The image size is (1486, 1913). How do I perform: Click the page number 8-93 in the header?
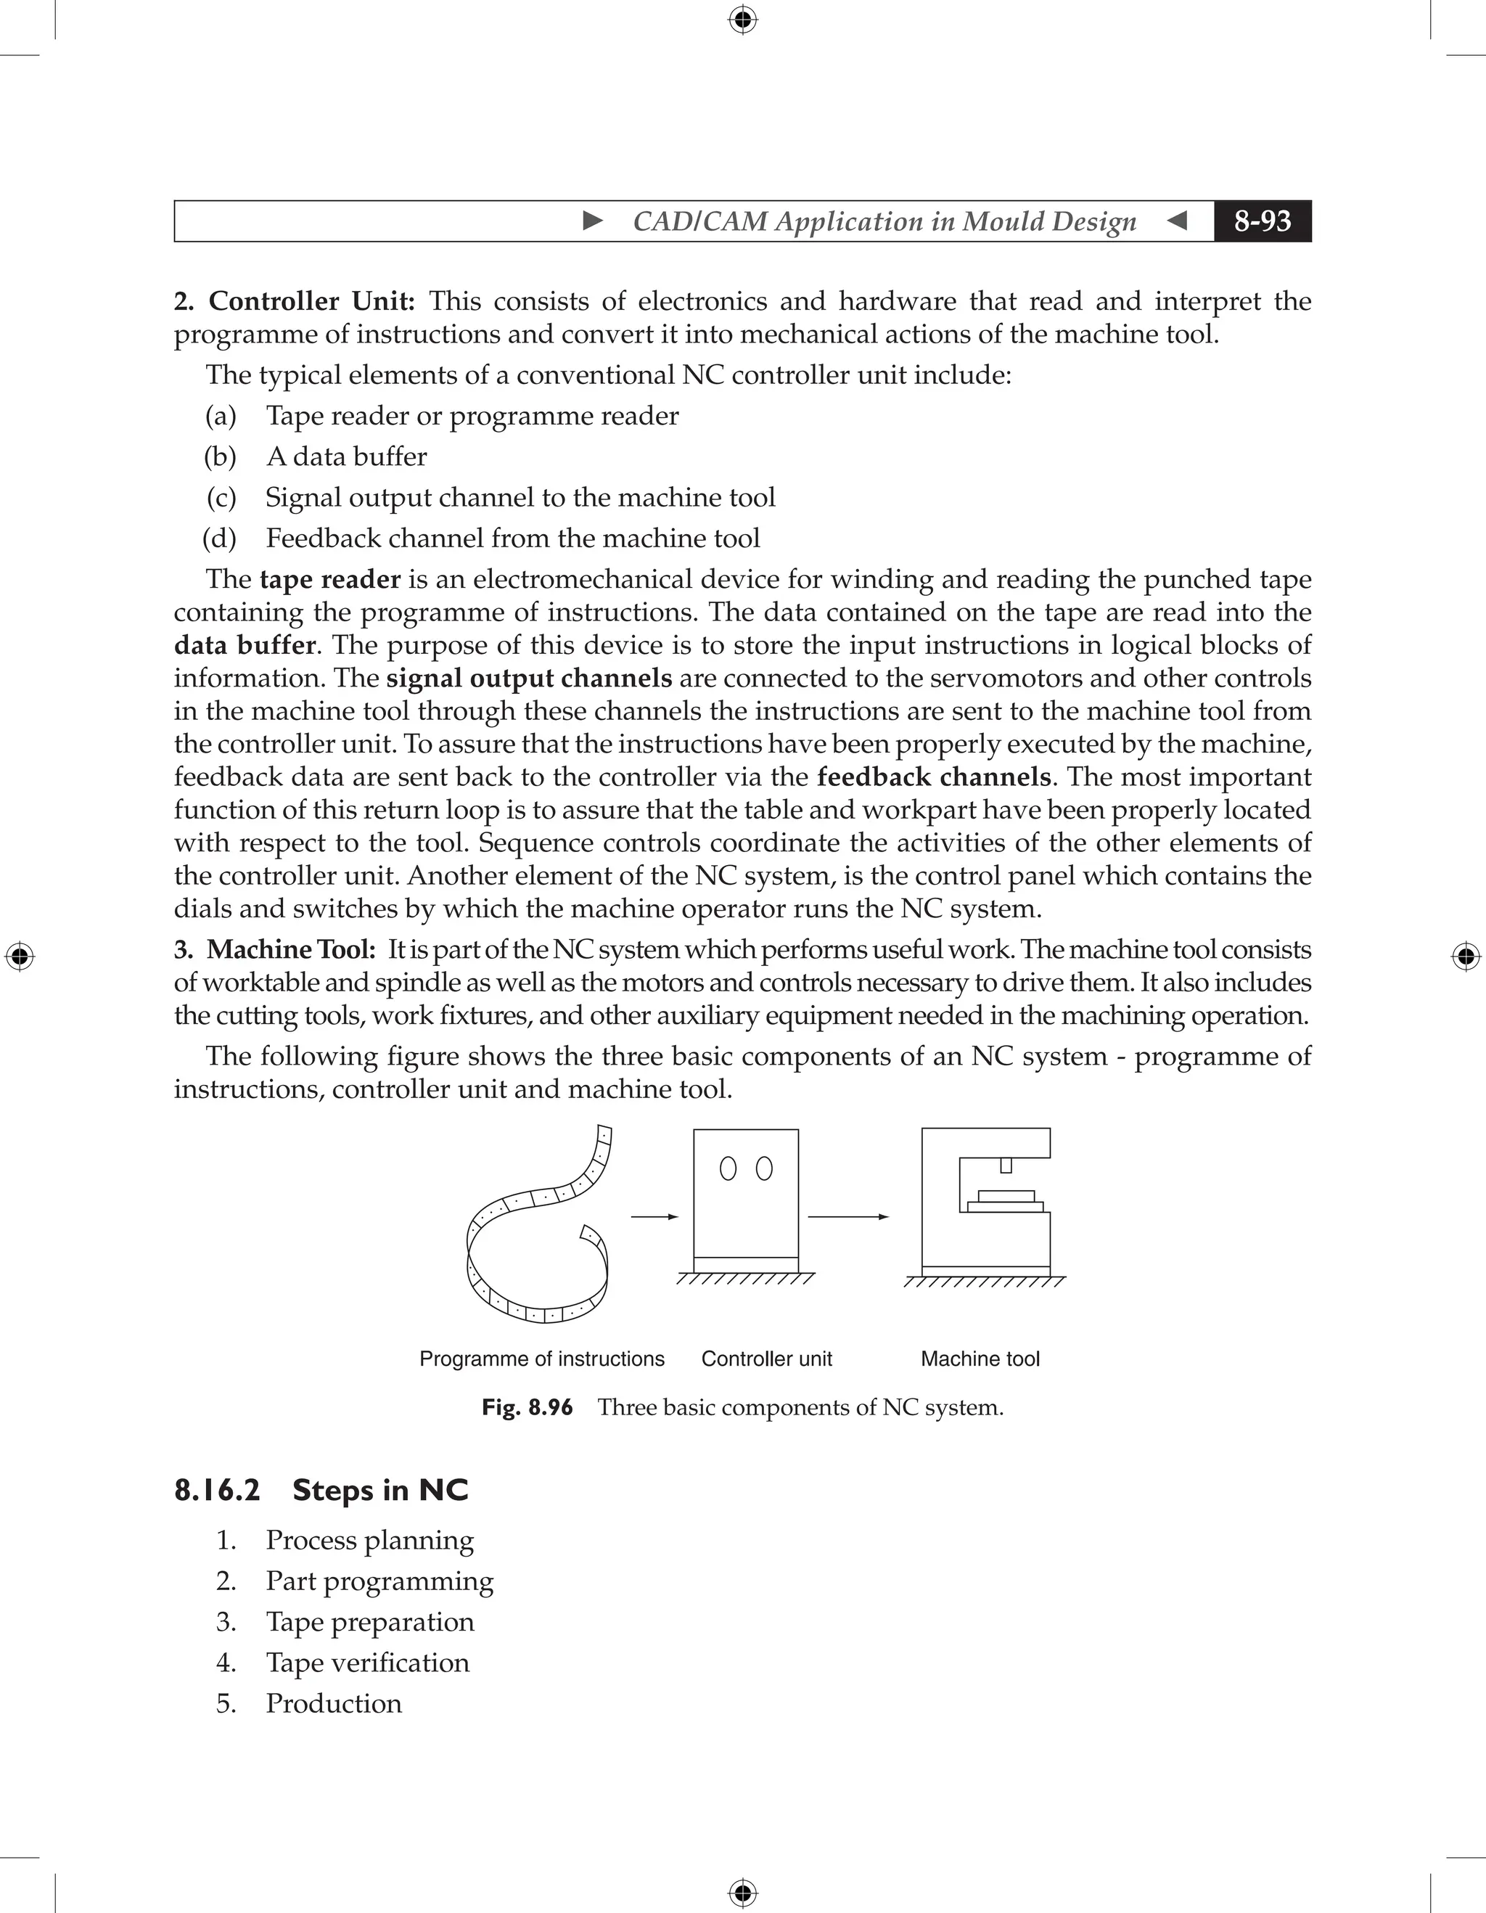(x=1262, y=221)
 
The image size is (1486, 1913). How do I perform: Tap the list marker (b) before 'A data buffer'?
(x=220, y=456)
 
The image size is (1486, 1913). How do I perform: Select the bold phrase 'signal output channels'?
(x=529, y=678)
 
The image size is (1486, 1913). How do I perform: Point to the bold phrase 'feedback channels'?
(x=933, y=777)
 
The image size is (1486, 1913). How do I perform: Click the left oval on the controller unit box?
(x=728, y=1168)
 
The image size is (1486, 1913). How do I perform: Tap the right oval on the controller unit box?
(x=763, y=1168)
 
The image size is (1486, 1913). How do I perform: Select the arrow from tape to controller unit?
(x=654, y=1216)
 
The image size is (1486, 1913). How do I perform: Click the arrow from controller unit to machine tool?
(x=847, y=1216)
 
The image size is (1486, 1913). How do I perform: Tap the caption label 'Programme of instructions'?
(x=541, y=1359)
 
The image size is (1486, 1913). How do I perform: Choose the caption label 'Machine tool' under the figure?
(x=980, y=1359)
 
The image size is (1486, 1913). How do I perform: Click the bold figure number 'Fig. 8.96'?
(x=528, y=1408)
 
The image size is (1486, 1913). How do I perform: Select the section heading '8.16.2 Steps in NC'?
(x=321, y=1490)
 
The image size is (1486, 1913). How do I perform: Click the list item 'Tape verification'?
(x=367, y=1663)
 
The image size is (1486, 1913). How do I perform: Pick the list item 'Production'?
(x=334, y=1704)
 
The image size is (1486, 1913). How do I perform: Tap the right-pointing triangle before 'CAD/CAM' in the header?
(x=593, y=221)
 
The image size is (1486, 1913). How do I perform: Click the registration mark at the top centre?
(x=742, y=20)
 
